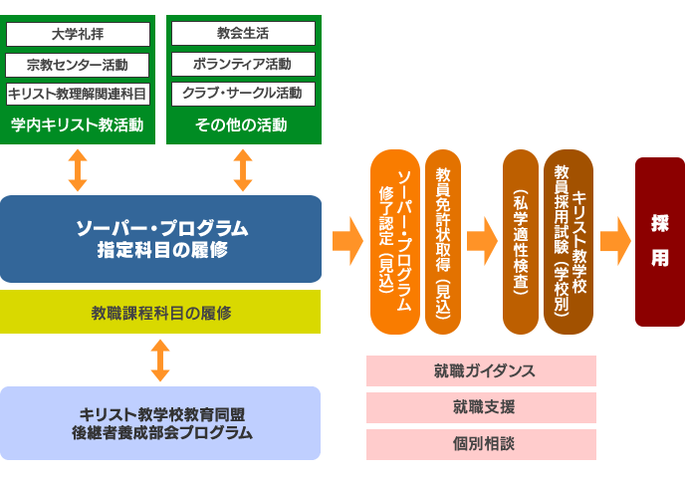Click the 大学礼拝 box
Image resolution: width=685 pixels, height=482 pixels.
pos(77,34)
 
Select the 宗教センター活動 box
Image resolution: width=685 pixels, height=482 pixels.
pos(77,65)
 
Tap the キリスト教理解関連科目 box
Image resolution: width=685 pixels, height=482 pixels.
pos(77,95)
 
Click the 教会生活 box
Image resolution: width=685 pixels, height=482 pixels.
pos(243,34)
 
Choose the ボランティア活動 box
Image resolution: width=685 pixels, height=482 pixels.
pos(243,65)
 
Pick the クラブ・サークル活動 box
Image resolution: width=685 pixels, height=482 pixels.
pos(243,95)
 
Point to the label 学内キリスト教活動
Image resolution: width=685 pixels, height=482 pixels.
pos(77,125)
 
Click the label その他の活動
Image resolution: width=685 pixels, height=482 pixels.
pos(243,125)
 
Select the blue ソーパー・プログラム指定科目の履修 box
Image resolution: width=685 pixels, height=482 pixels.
pos(161,239)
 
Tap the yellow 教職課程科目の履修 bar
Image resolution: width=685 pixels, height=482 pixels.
pos(161,313)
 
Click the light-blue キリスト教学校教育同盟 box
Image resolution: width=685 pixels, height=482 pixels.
pos(161,423)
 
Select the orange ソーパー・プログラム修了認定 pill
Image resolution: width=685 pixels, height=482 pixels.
pos(395,242)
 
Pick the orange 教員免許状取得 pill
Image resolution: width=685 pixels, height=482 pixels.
pos(443,242)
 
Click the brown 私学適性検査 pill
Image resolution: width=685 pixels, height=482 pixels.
pos(521,242)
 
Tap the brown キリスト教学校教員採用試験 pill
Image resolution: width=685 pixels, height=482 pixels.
pos(569,242)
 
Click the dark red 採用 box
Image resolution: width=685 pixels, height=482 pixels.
pos(660,242)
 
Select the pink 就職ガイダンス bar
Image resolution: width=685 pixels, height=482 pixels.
pos(482,370)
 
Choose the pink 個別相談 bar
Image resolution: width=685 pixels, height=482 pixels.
pos(482,444)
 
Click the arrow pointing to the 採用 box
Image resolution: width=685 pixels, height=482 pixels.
pos(615,241)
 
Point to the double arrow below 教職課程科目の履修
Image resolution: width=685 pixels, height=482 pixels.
pos(160,361)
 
